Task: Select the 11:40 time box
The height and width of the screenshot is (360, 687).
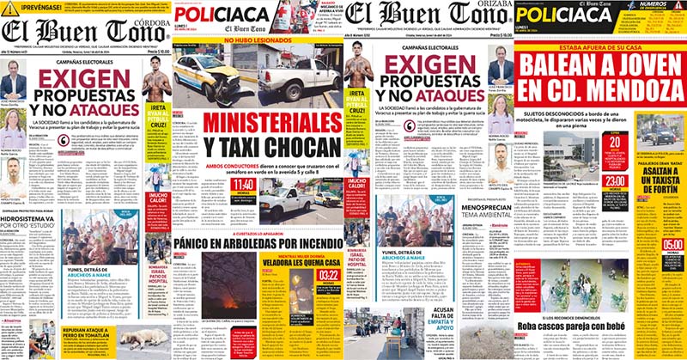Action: [242, 185]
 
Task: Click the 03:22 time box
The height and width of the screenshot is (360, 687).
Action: [329, 276]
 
